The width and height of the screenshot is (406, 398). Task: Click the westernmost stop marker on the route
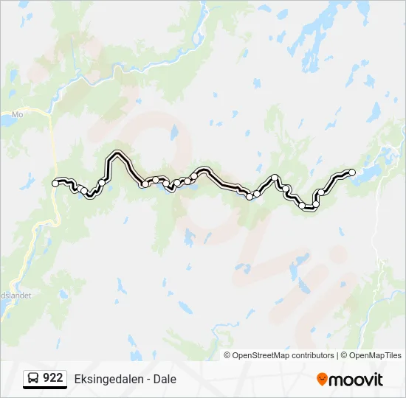[55, 183]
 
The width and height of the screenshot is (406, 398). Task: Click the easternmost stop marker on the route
[352, 172]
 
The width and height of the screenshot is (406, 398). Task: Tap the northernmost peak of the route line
[115, 154]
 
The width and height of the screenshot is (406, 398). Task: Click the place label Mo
[18, 115]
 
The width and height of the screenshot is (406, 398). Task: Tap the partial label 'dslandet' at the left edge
[13, 293]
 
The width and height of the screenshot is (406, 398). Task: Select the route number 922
[53, 378]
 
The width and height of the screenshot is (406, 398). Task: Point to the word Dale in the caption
[164, 379]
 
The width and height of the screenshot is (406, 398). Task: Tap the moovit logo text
[356, 380]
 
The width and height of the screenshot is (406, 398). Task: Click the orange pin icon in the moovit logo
[322, 380]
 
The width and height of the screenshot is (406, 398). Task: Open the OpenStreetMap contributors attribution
[283, 355]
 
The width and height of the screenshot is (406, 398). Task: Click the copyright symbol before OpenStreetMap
[228, 355]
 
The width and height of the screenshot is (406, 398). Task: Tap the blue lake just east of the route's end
[369, 172]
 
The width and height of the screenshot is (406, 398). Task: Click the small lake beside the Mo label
[6, 118]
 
